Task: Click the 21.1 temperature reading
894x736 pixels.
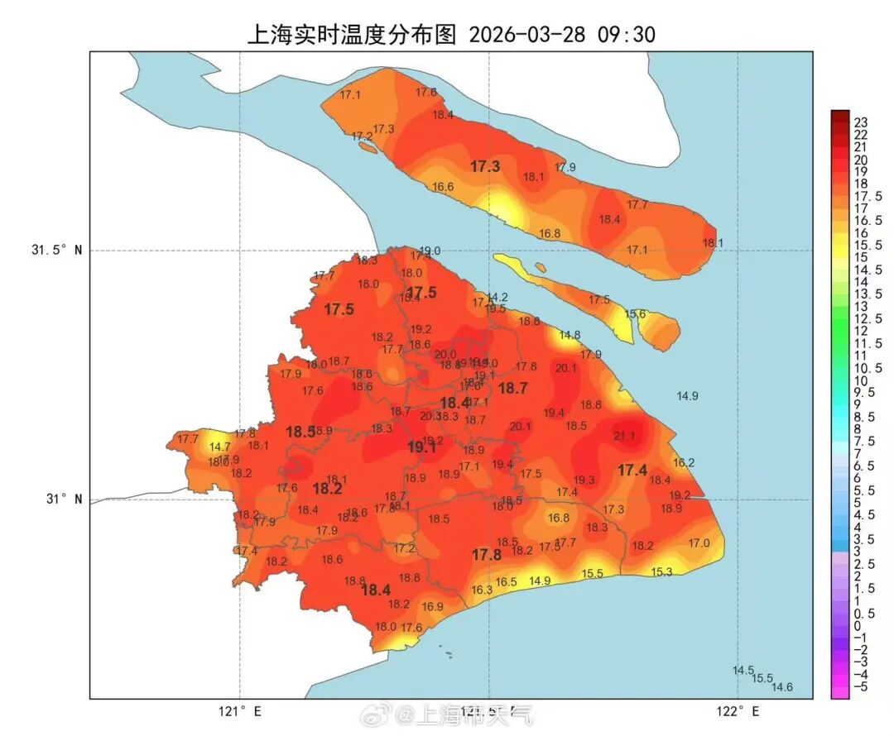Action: pyautogui.click(x=624, y=436)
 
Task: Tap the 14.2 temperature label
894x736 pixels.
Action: pyautogui.click(x=497, y=298)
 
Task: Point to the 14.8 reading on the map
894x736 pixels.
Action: pyautogui.click(x=570, y=335)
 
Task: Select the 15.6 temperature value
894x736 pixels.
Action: pyautogui.click(x=635, y=314)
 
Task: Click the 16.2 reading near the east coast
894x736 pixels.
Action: pyautogui.click(x=684, y=463)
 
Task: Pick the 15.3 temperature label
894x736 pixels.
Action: pyautogui.click(x=661, y=571)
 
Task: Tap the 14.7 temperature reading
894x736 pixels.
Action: pyautogui.click(x=220, y=447)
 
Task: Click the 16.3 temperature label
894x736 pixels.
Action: pyautogui.click(x=482, y=590)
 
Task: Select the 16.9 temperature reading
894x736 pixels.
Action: pyautogui.click(x=433, y=606)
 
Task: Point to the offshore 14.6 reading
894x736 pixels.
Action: pyautogui.click(x=782, y=687)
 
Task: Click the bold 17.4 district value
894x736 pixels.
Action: pyautogui.click(x=632, y=471)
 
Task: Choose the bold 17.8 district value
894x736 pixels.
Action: pyautogui.click(x=487, y=555)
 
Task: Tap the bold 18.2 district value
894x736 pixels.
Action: pyautogui.click(x=327, y=489)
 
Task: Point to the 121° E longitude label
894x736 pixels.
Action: pyautogui.click(x=240, y=711)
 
